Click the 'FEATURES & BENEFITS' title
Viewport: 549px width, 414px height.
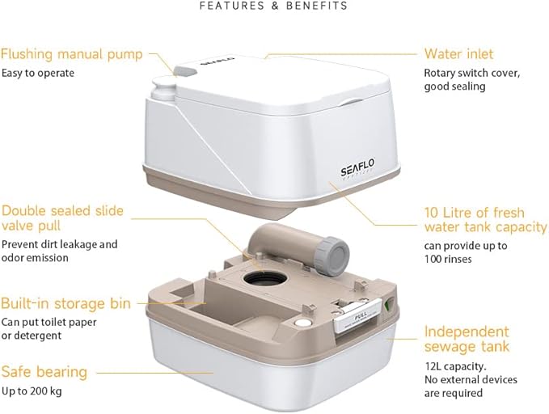pos(273,6)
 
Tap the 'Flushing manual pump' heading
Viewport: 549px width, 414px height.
pos(72,54)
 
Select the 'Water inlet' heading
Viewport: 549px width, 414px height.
pos(459,53)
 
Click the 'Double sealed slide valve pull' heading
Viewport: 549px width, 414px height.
pos(63,218)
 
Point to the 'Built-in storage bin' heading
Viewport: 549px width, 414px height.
pos(65,303)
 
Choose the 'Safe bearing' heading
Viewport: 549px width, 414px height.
pos(44,372)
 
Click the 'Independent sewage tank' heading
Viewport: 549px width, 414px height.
pos(467,339)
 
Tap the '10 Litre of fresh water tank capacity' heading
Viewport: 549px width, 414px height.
pos(486,220)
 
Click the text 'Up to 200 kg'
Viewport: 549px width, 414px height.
pos(32,391)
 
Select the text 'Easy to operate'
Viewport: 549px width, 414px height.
pos(38,73)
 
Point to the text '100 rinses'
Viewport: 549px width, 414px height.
pos(448,259)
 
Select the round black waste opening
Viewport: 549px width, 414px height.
pos(265,279)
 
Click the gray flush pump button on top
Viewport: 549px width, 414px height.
pos(185,70)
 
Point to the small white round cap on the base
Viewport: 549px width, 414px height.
pos(302,322)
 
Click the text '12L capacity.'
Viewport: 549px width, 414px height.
pos(455,366)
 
